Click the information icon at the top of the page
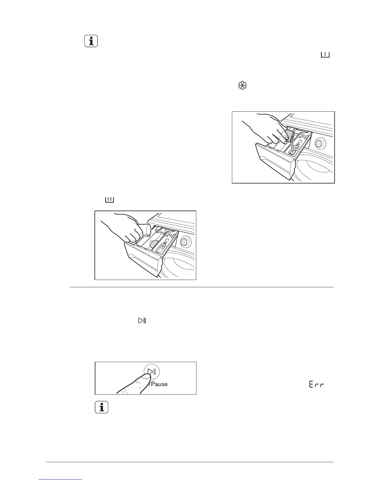pos(91,41)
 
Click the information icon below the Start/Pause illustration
pos(102,407)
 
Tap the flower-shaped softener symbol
pos(242,86)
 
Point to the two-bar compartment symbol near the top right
pos(325,55)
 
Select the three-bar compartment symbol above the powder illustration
pos(109,200)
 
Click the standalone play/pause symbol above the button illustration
pos(142,320)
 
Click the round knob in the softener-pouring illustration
pos(319,142)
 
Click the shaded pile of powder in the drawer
pos(155,244)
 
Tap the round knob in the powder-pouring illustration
pos(184,242)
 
